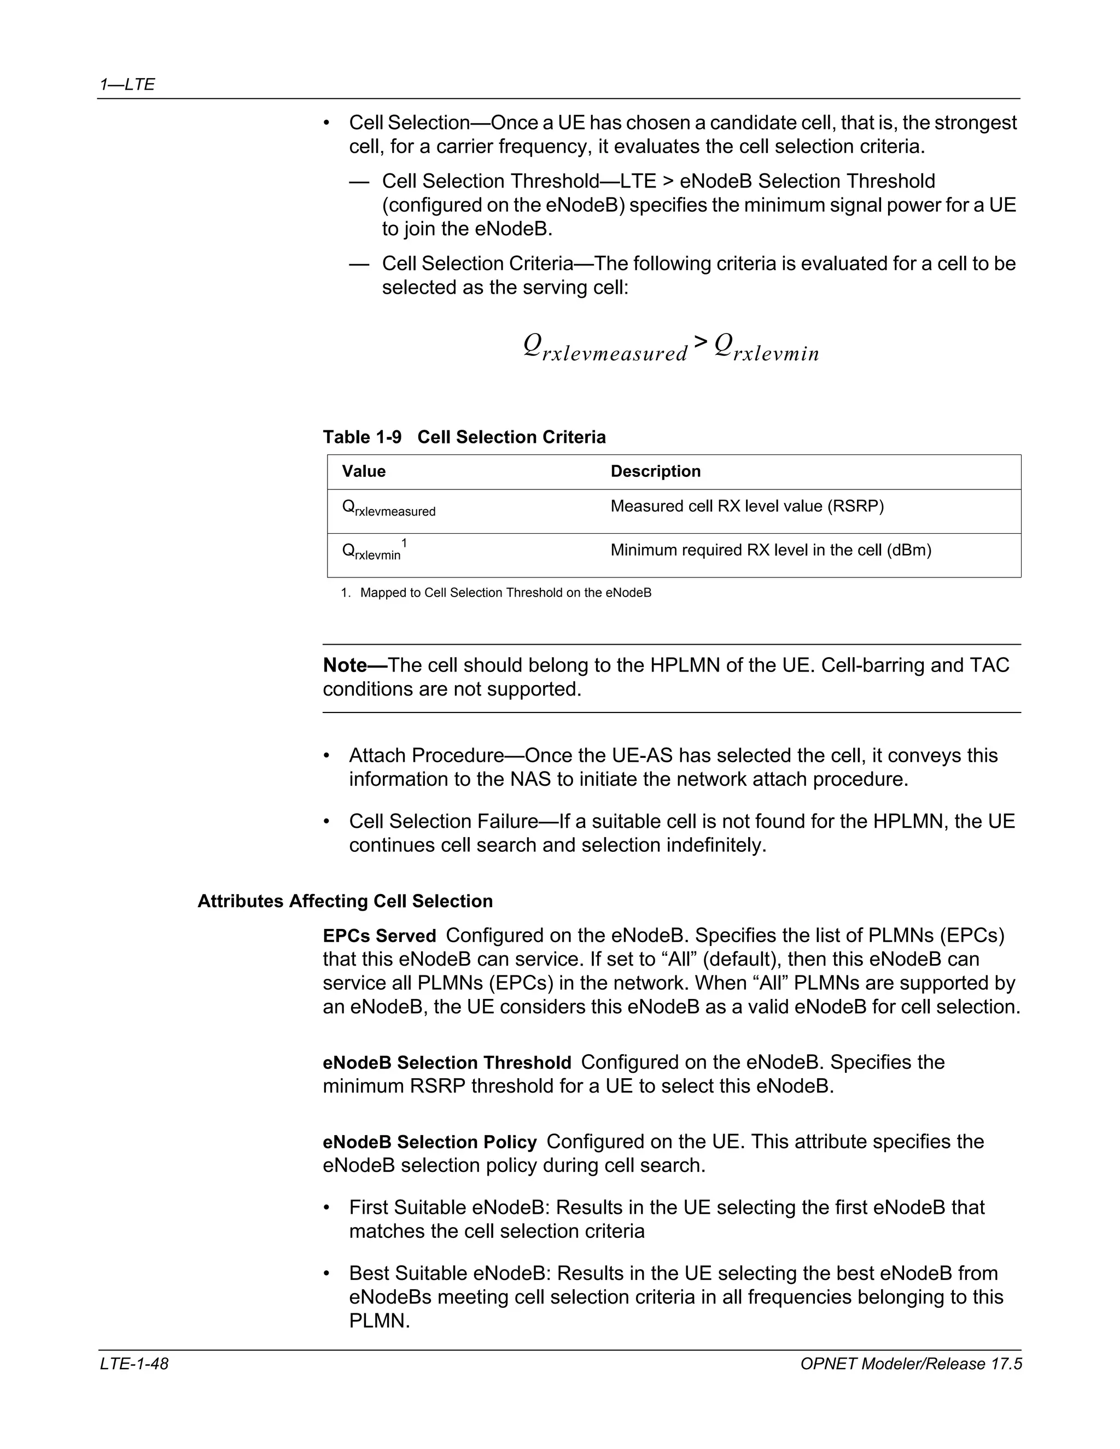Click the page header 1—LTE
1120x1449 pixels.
127,84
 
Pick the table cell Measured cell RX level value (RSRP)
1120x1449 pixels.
746,507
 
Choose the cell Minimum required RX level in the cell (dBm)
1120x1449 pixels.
771,550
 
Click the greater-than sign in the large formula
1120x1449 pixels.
700,342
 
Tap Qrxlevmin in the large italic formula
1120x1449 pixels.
766,348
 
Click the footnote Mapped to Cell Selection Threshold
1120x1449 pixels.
505,593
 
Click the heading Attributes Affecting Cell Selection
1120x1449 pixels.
345,901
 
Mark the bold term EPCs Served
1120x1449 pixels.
379,936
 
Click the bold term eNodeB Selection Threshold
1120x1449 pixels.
447,1063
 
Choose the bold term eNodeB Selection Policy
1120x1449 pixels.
429,1142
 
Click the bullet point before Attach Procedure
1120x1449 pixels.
326,756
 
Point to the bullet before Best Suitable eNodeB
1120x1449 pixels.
326,1274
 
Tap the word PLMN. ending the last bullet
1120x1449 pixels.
380,1321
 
